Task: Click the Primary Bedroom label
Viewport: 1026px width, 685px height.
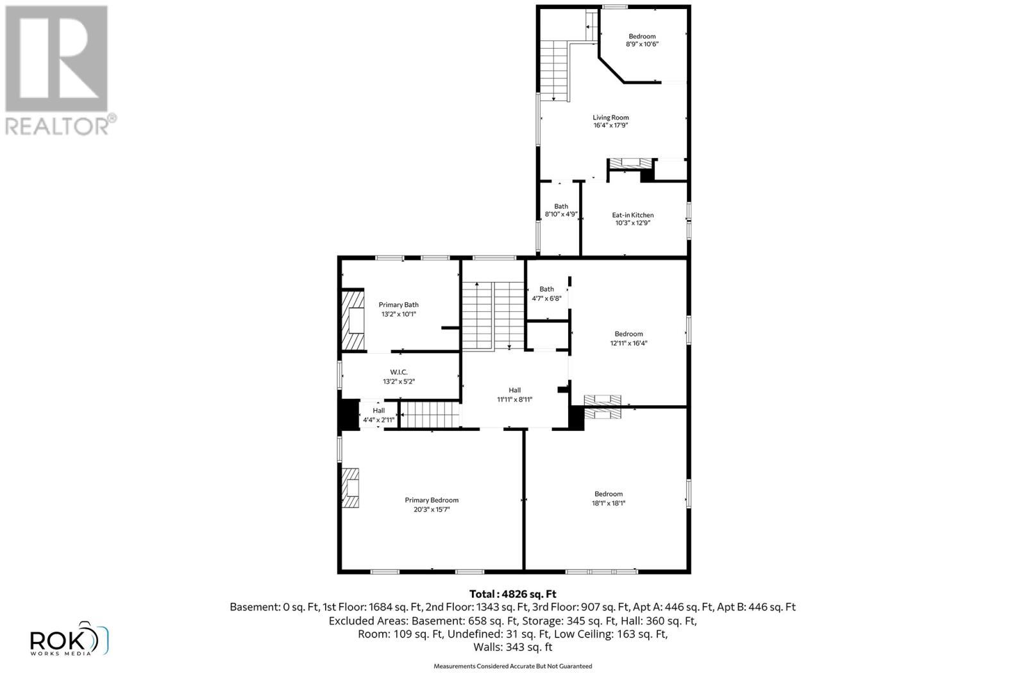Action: point(432,500)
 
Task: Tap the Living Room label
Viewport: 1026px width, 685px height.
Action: point(610,117)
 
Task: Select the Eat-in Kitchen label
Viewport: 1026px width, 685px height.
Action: point(632,215)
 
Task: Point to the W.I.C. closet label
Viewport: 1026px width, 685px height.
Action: point(399,372)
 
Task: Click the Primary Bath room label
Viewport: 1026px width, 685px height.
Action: point(398,305)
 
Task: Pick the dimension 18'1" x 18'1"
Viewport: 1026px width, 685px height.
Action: point(608,503)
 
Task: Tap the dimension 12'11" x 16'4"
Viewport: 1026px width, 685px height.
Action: point(628,343)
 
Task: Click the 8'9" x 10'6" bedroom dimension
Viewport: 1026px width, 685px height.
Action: point(642,44)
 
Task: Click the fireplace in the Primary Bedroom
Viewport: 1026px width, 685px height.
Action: point(350,488)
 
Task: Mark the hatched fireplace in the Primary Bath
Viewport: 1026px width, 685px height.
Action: point(352,320)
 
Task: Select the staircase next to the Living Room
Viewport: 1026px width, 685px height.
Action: point(554,70)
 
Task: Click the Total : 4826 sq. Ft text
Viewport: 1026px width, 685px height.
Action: point(512,594)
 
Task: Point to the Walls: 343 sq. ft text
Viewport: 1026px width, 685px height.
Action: point(512,647)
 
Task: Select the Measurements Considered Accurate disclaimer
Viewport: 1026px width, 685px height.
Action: point(512,666)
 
